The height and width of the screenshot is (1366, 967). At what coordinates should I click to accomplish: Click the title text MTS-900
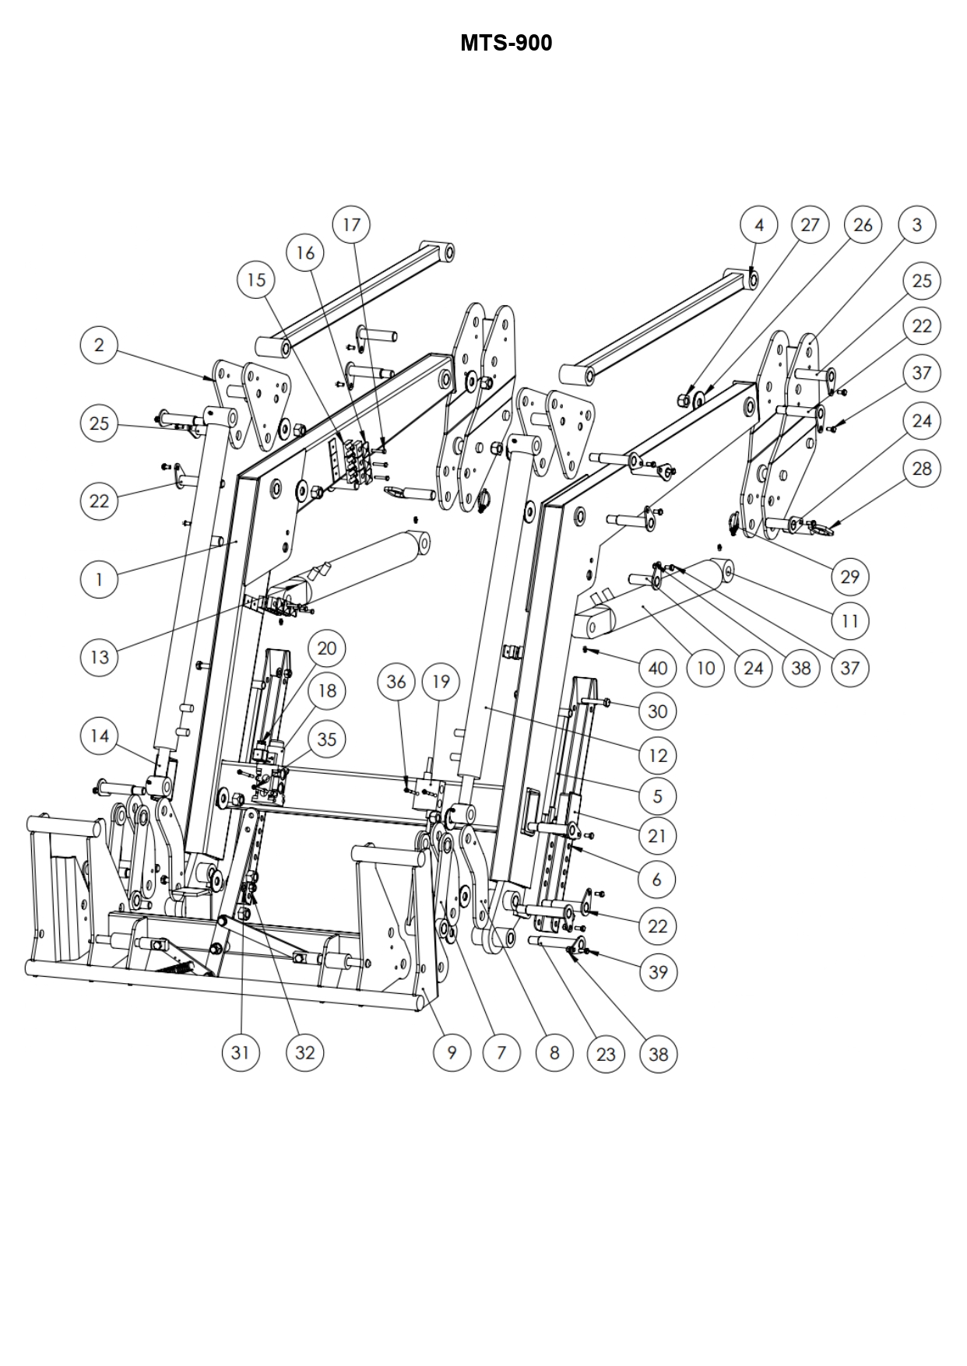pos(506,43)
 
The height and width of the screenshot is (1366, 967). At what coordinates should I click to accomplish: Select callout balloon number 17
pos(352,225)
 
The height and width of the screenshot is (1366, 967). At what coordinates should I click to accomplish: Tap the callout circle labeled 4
pos(759,225)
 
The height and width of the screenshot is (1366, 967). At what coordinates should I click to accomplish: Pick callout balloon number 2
pos(99,345)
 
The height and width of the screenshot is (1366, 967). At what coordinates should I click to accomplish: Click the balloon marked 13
pos(100,657)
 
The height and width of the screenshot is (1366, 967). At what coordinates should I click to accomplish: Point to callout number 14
pos(100,736)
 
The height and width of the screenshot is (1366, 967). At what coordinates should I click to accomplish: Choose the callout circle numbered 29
pos(850,577)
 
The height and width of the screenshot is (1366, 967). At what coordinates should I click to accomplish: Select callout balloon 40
pos(658,668)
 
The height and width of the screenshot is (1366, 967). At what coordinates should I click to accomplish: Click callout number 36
pos(396,682)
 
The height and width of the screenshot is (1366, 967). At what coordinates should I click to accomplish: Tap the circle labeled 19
pos(441,682)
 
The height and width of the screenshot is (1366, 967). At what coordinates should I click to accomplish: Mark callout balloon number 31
pos(240,1052)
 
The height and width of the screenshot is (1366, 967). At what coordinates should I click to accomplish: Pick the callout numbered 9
pos(452,1053)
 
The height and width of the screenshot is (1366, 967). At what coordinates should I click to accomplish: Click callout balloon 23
pos(606,1054)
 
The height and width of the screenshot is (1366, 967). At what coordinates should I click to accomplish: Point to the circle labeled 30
pos(658,711)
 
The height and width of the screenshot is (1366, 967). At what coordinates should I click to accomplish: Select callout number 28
pos(922,469)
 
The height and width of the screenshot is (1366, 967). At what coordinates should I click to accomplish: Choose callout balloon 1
pos(100,579)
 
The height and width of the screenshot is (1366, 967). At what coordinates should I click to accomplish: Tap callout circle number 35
pos(327,739)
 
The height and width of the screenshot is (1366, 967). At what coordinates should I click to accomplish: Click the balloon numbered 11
pos(850,621)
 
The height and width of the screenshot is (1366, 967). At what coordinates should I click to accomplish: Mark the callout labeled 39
pos(658,972)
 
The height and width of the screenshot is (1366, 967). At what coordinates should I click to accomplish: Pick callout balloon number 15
pos(257,280)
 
